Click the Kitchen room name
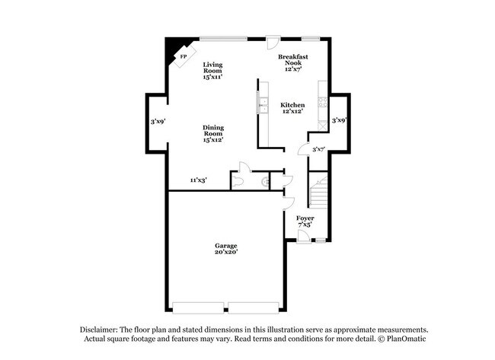tap(292, 105)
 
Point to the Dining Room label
tap(212, 130)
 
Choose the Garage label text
tap(225, 246)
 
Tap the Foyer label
tap(305, 218)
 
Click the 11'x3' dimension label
tap(199, 180)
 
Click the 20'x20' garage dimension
tap(225, 252)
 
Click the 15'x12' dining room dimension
tap(212, 140)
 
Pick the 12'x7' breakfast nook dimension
tap(292, 69)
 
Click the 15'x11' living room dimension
tap(212, 77)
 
